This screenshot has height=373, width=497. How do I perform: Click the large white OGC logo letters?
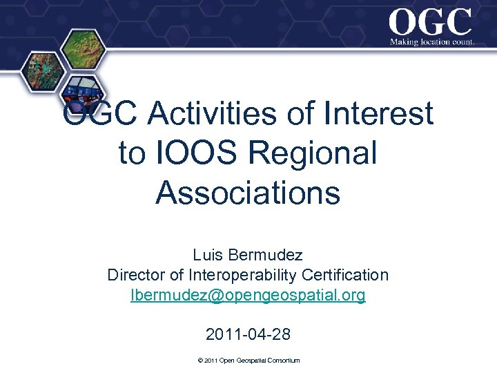430,22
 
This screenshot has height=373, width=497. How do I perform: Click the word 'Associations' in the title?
248,193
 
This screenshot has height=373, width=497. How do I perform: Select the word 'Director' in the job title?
137,275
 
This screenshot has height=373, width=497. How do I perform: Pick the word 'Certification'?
348,275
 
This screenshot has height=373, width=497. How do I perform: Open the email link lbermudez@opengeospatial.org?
248,296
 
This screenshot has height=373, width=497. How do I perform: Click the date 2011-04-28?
248,335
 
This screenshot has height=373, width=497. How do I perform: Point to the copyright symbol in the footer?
199,361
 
